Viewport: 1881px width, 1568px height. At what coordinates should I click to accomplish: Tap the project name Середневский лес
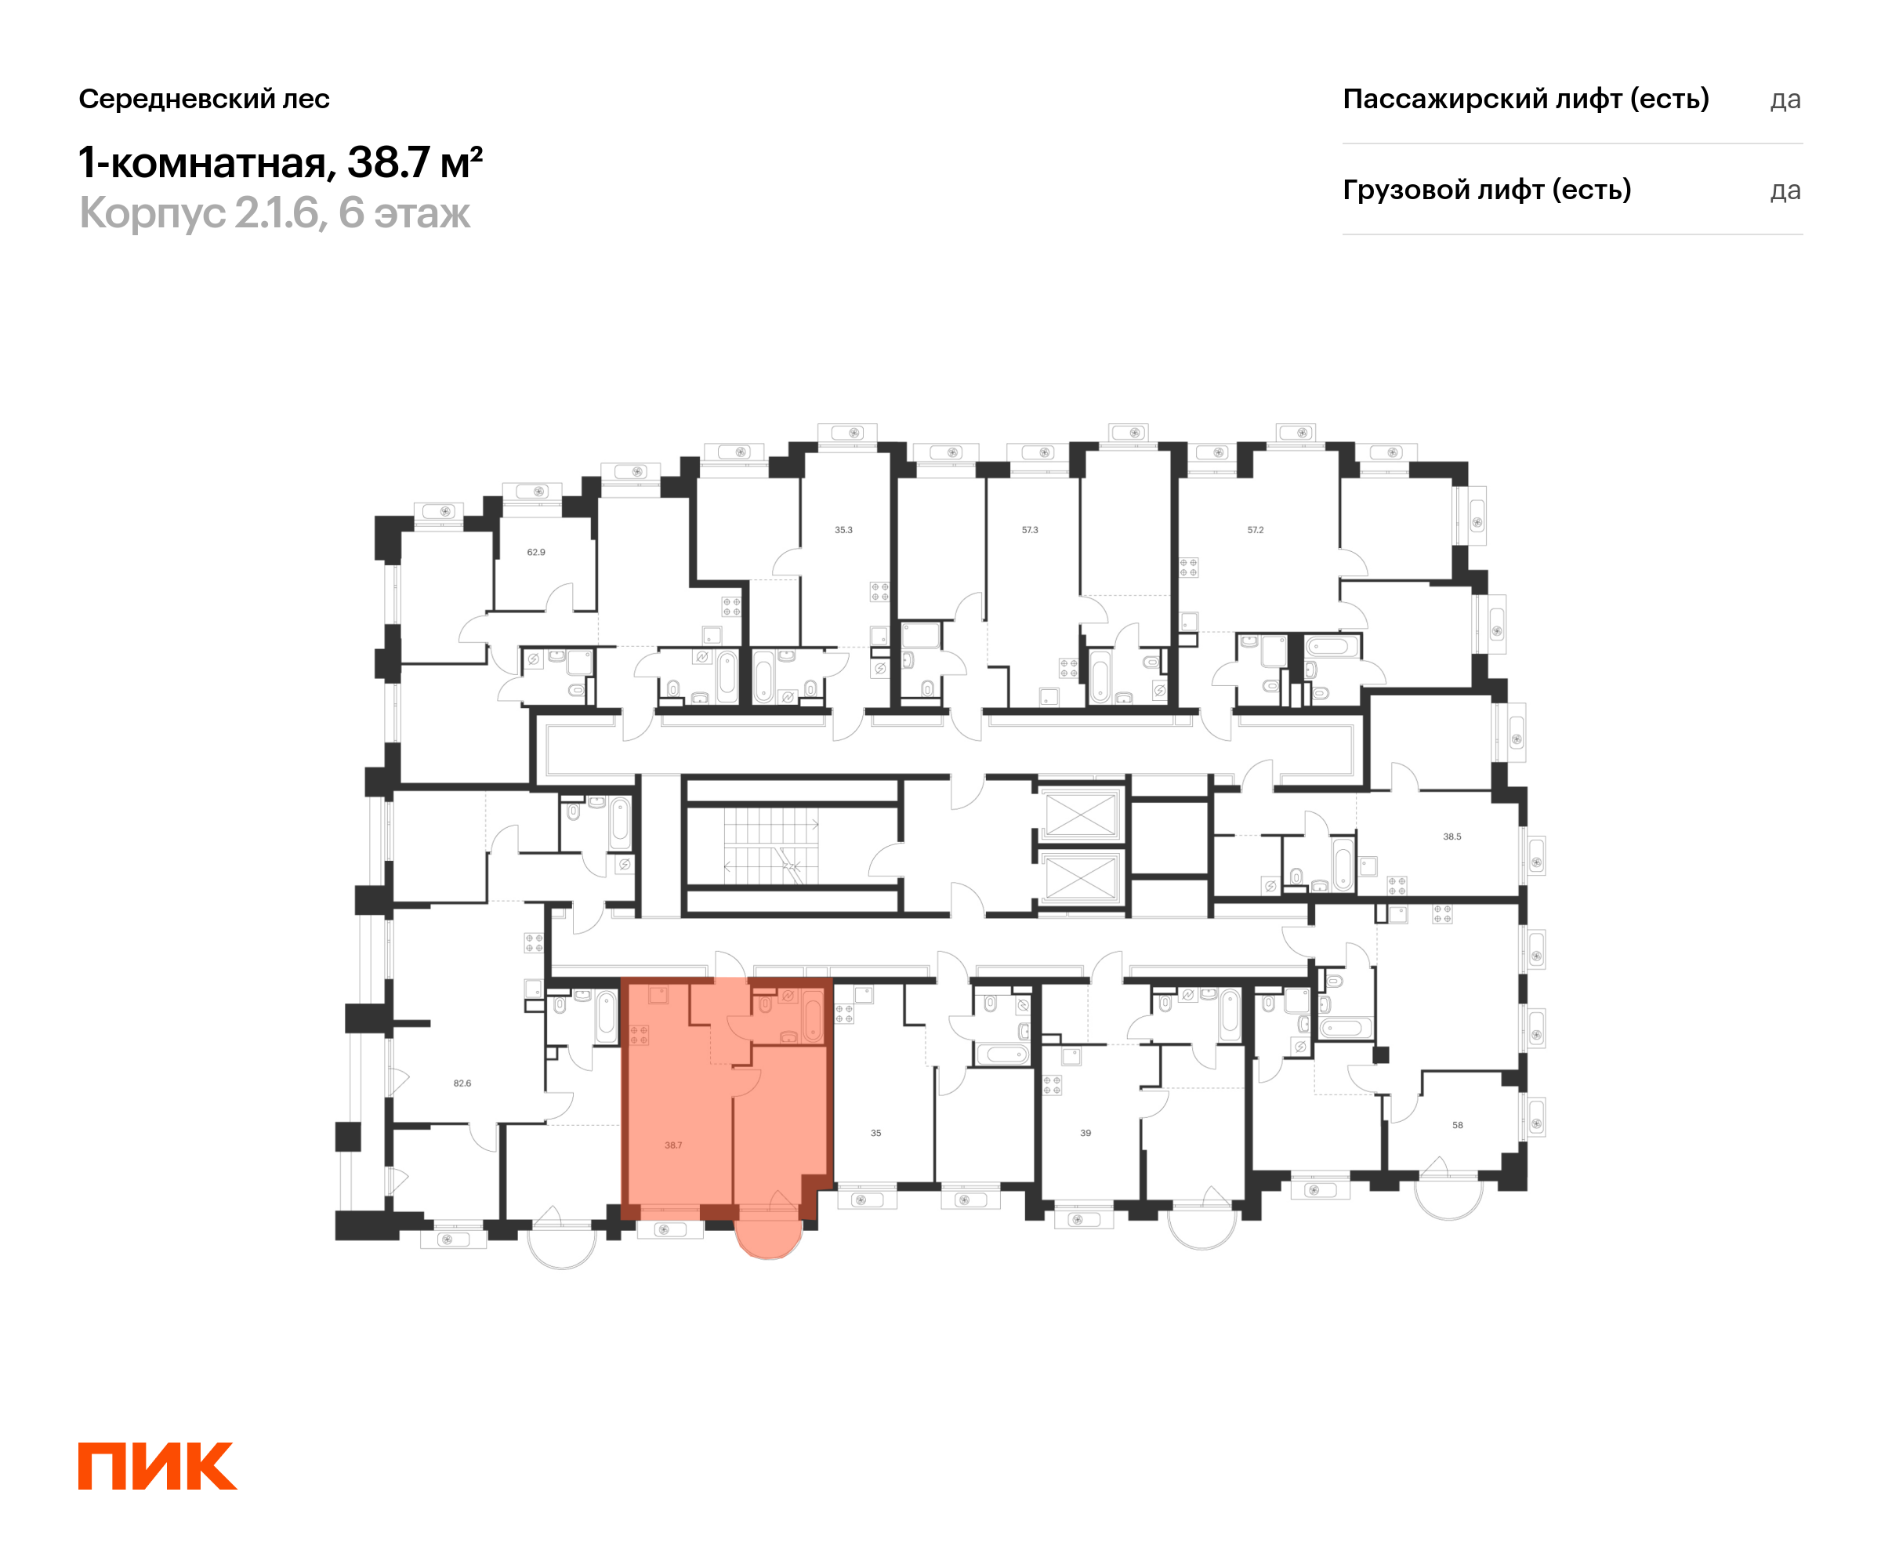pos(205,99)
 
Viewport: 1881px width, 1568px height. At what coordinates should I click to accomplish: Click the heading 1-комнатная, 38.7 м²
pos(281,162)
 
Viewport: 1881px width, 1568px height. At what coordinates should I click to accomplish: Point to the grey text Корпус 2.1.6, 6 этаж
pos(274,213)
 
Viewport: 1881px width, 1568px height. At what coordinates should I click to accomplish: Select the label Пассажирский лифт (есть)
pos(1525,99)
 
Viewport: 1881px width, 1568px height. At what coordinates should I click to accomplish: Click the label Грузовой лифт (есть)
pos(1487,190)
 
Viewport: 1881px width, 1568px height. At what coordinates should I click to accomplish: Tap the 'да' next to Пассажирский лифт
pos(1785,100)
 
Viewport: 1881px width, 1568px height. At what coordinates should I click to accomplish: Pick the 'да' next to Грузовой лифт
pos(1785,191)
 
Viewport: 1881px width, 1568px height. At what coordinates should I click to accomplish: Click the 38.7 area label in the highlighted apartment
pos(673,1145)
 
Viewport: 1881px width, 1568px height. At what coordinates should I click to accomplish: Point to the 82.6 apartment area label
pos(462,1083)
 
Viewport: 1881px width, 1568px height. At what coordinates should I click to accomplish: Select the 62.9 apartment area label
pos(535,552)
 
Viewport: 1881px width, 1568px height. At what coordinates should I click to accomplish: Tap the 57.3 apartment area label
pos(1030,529)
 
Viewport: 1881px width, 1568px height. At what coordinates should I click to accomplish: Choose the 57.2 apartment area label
pos(1256,529)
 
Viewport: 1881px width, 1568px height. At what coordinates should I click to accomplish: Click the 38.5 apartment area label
pos(1452,836)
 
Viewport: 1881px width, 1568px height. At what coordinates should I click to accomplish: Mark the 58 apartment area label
pos(1457,1124)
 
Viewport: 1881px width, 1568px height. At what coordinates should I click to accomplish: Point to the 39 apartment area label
pos(1085,1133)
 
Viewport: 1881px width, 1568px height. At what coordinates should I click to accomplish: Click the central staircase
pos(770,846)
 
